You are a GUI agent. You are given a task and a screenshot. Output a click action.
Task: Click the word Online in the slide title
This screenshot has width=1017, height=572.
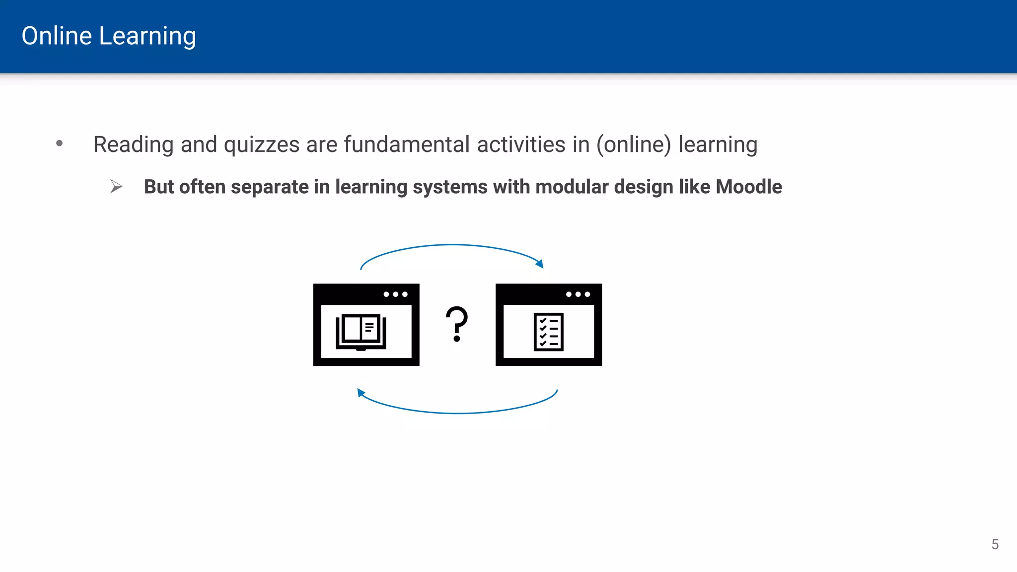57,36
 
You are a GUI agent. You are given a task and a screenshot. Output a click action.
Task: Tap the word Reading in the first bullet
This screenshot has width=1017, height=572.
133,145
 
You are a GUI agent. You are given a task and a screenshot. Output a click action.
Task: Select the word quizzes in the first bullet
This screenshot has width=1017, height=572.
262,145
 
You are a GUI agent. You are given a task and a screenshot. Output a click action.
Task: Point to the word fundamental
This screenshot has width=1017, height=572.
407,144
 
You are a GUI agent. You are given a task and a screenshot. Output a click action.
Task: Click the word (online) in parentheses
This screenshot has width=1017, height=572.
634,145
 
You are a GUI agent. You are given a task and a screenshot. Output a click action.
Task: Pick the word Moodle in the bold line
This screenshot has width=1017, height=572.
749,187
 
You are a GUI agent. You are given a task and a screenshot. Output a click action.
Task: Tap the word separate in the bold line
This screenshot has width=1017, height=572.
270,187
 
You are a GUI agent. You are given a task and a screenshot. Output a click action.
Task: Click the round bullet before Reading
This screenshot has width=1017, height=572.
60,143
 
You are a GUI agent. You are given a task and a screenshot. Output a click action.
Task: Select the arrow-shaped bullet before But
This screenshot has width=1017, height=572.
116,187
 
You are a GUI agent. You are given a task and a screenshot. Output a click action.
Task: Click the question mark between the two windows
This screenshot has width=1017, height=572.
457,324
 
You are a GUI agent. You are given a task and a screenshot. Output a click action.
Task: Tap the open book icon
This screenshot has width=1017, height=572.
361,332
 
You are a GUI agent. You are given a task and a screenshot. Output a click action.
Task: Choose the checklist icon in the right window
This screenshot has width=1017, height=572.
548,332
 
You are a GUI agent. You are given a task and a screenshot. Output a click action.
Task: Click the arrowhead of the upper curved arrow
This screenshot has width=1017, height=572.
540,264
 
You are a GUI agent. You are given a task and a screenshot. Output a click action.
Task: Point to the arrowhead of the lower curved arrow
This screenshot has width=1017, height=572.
361,393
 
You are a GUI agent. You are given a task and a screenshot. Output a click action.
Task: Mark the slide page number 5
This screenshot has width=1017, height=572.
995,544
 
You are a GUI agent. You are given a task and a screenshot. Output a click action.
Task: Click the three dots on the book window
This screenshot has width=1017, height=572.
395,294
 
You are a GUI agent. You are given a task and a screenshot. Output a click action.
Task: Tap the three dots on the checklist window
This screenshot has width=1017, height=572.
578,294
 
